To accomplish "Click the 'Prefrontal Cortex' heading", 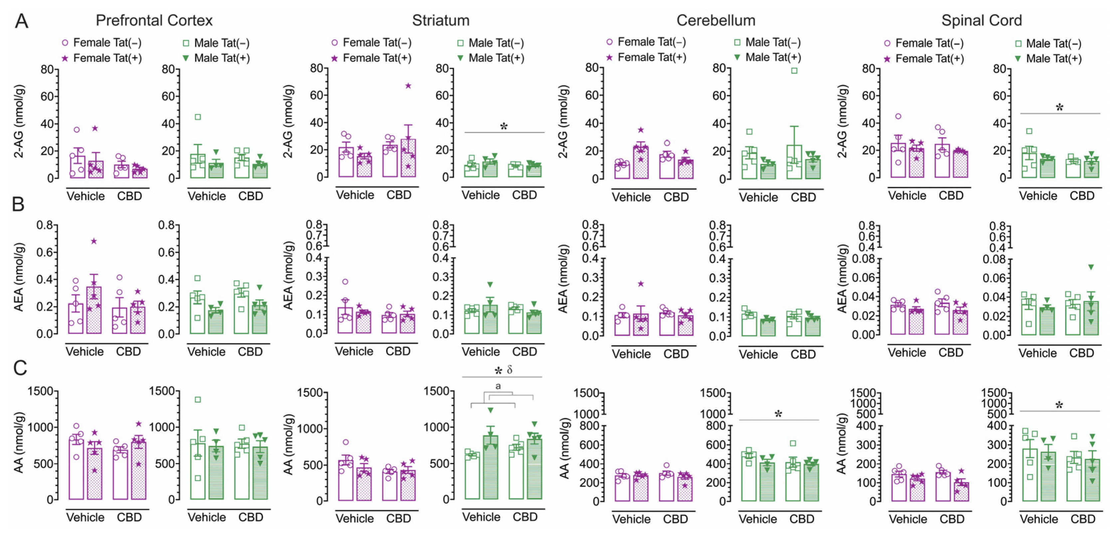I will coord(154,20).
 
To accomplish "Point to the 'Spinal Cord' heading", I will coord(981,20).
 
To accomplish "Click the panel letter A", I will coord(22,21).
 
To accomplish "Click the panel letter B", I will coord(18,204).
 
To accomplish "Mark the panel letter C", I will coord(20,368).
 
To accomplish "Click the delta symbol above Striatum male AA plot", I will coord(509,370).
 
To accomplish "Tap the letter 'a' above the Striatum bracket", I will coord(498,386).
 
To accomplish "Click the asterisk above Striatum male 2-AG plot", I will coord(503,127).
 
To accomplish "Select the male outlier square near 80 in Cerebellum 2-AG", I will coord(794,71).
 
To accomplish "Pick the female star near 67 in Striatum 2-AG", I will coord(408,86).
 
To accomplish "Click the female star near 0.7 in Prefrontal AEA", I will coord(94,241).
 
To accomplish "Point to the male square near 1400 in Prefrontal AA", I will coord(198,399).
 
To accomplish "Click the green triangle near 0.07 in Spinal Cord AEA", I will coord(1091,267).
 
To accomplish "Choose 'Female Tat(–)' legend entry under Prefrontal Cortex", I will coord(102,43).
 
